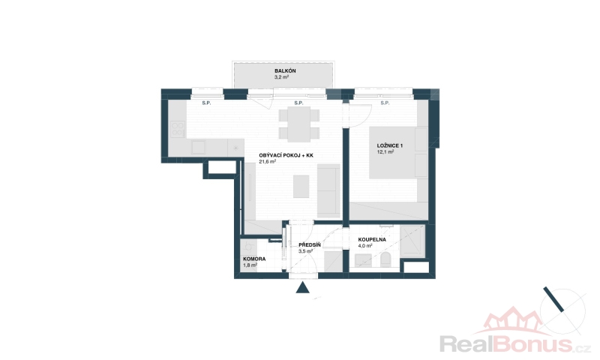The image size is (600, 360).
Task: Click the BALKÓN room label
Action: point(285,70)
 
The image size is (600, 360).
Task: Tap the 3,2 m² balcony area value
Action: point(281,77)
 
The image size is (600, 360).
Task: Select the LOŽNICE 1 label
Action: point(390,145)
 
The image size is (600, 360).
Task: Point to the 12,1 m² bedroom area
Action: point(385,152)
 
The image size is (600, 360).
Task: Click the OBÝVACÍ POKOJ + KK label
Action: point(286,155)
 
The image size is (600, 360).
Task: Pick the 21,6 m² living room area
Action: point(268,161)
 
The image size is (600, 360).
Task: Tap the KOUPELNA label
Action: point(372,240)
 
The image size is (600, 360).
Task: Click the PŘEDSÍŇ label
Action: point(310,244)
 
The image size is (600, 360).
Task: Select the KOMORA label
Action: point(254,259)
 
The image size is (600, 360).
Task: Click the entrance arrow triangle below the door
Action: point(303,288)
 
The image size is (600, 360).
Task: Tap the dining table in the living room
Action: point(298,124)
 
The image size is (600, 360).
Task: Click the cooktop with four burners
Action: point(178,129)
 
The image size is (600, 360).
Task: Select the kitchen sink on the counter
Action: point(199,147)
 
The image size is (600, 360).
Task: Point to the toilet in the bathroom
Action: point(385,259)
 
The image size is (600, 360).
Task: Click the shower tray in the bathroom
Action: point(412,241)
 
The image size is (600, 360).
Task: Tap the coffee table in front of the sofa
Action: point(301,186)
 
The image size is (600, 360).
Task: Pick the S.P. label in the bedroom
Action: point(385,103)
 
